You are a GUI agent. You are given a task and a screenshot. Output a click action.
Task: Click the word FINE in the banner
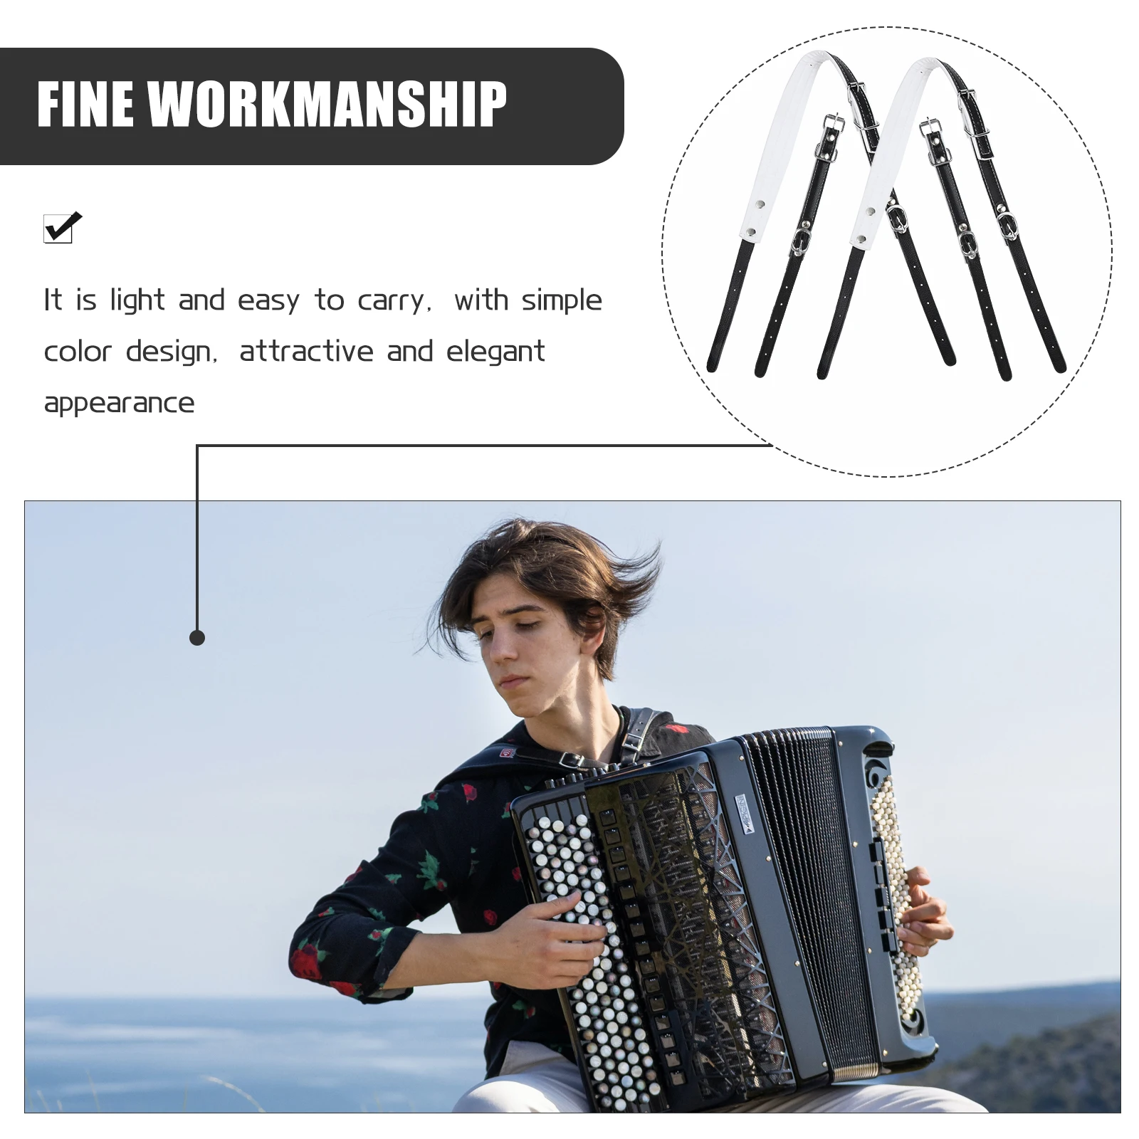click(85, 104)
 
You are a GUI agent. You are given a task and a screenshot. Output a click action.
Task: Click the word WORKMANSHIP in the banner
click(327, 104)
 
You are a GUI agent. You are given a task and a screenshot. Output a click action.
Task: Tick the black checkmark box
click(61, 229)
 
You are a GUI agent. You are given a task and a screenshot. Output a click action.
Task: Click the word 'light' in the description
click(137, 300)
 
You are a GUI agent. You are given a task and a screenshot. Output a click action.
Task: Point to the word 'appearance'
click(119, 403)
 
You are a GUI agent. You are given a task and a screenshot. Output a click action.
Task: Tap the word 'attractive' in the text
click(306, 351)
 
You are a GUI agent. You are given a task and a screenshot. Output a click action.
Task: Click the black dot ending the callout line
click(197, 638)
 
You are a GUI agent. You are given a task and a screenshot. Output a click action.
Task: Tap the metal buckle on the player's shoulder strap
click(571, 761)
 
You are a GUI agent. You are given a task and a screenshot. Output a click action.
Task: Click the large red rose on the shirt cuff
click(306, 961)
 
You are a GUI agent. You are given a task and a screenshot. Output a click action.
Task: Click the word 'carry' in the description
click(392, 301)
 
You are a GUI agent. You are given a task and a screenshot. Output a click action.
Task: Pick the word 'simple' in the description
click(562, 300)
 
